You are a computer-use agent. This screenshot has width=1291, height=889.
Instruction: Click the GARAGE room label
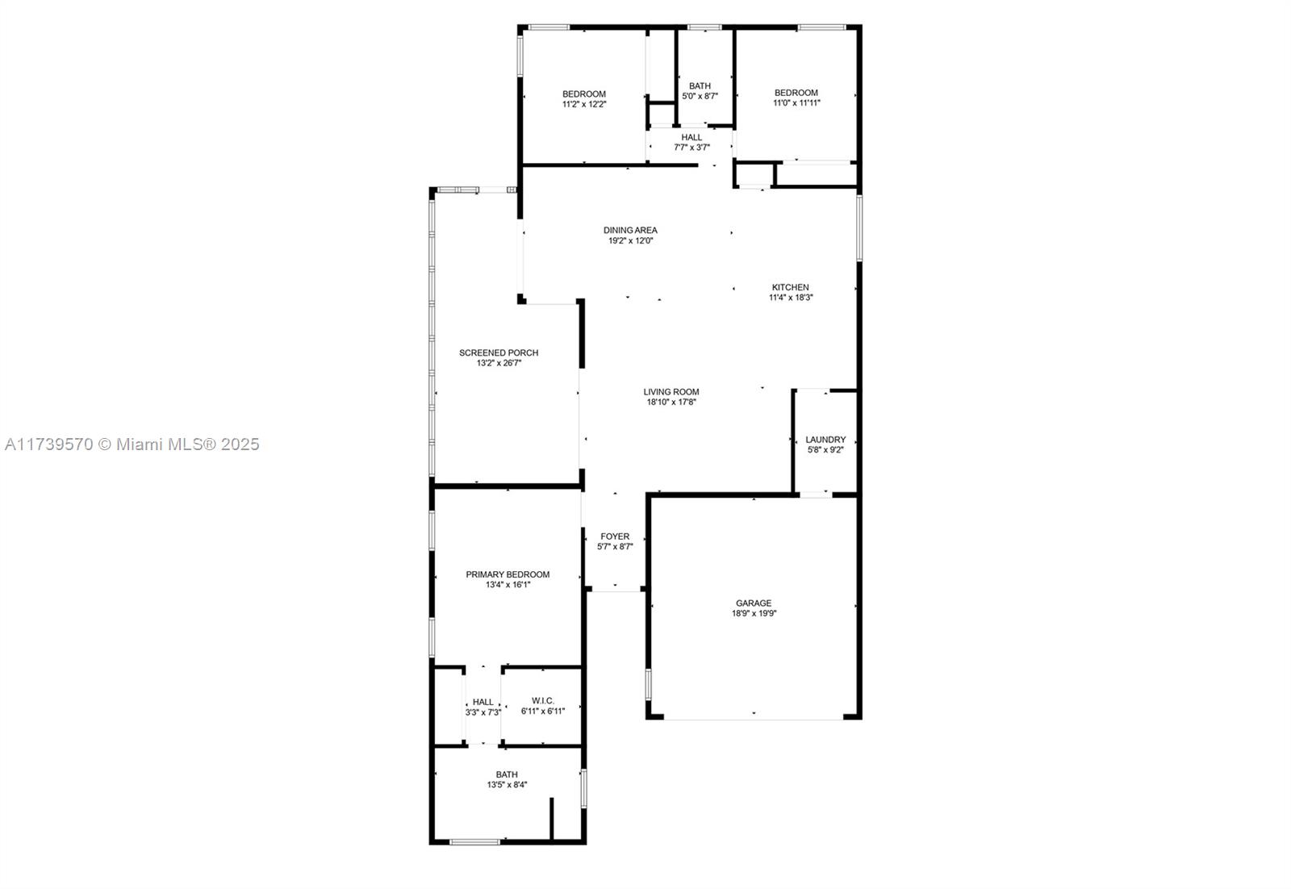tap(754, 603)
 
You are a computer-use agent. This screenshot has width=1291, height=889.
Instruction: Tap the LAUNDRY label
tap(825, 440)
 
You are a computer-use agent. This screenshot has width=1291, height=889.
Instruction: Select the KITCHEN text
tap(790, 287)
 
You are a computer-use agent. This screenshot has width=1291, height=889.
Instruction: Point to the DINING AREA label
tap(630, 231)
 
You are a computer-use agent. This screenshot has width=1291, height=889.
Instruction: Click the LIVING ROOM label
tap(671, 392)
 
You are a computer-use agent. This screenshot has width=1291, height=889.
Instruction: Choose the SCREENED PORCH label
tap(499, 353)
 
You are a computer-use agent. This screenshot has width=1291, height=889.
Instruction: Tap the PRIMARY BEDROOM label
tap(508, 574)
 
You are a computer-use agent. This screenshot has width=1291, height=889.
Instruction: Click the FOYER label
tap(615, 536)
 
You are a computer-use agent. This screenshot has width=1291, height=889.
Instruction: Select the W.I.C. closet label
tap(543, 700)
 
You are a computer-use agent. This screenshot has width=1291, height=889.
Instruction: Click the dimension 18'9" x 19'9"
tap(754, 614)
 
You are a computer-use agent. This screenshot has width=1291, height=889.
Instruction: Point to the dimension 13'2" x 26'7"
tap(499, 363)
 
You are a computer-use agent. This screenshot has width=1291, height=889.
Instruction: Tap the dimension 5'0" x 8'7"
tap(700, 96)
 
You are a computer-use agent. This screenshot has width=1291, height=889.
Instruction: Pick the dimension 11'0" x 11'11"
tap(796, 103)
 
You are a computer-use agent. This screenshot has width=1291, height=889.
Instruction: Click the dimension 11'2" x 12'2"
tap(584, 104)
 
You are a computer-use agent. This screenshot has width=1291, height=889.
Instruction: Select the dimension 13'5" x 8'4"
tap(507, 785)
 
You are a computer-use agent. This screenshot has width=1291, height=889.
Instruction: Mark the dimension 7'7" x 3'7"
tap(691, 148)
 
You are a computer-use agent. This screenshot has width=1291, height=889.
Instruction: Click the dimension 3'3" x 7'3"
tap(483, 712)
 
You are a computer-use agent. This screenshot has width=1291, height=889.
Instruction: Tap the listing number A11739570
tap(49, 444)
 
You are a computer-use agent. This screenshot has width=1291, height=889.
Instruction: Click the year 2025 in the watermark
tap(240, 444)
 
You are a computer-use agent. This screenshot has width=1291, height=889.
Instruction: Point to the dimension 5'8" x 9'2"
tap(825, 450)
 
